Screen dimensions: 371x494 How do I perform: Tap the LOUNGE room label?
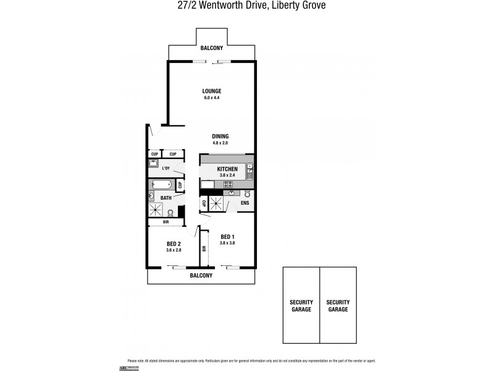pos(211,91)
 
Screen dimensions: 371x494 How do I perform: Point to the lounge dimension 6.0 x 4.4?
pos(211,98)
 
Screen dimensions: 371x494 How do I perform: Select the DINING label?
pos(220,136)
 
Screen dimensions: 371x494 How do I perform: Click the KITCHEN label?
pos(227,169)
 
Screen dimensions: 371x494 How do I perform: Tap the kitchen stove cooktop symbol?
pos(227,184)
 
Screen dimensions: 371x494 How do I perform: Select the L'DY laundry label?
pos(165,168)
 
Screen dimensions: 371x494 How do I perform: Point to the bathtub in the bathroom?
pos(161,184)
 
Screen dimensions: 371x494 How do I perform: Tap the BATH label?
pos(166,198)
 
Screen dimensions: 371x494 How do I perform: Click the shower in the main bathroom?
pos(155,210)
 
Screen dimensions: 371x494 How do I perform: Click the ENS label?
pos(245,202)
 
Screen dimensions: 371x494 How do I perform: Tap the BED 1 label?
pos(227,236)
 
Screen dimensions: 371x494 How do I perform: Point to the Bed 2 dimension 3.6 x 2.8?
pos(174,250)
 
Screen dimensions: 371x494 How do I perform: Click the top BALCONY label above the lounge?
pos(211,48)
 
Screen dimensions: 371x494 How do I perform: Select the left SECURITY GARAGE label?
pos(301,305)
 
